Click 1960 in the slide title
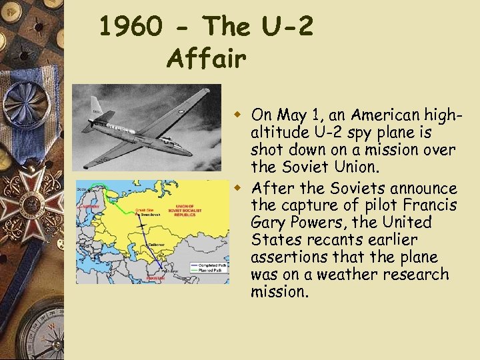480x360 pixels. [130, 27]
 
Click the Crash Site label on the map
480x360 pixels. [144, 210]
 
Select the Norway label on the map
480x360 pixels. [88, 206]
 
